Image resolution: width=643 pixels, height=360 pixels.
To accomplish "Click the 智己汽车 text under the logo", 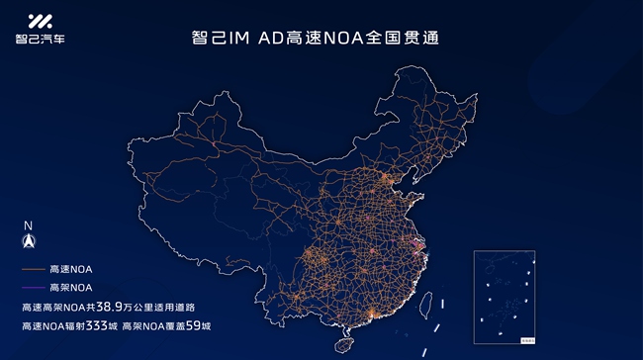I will pyautogui.click(x=40, y=40).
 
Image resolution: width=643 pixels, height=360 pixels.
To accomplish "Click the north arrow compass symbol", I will pyautogui.click(x=29, y=240).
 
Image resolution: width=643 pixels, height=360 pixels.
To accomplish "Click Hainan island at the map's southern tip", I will pyautogui.click(x=345, y=345).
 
